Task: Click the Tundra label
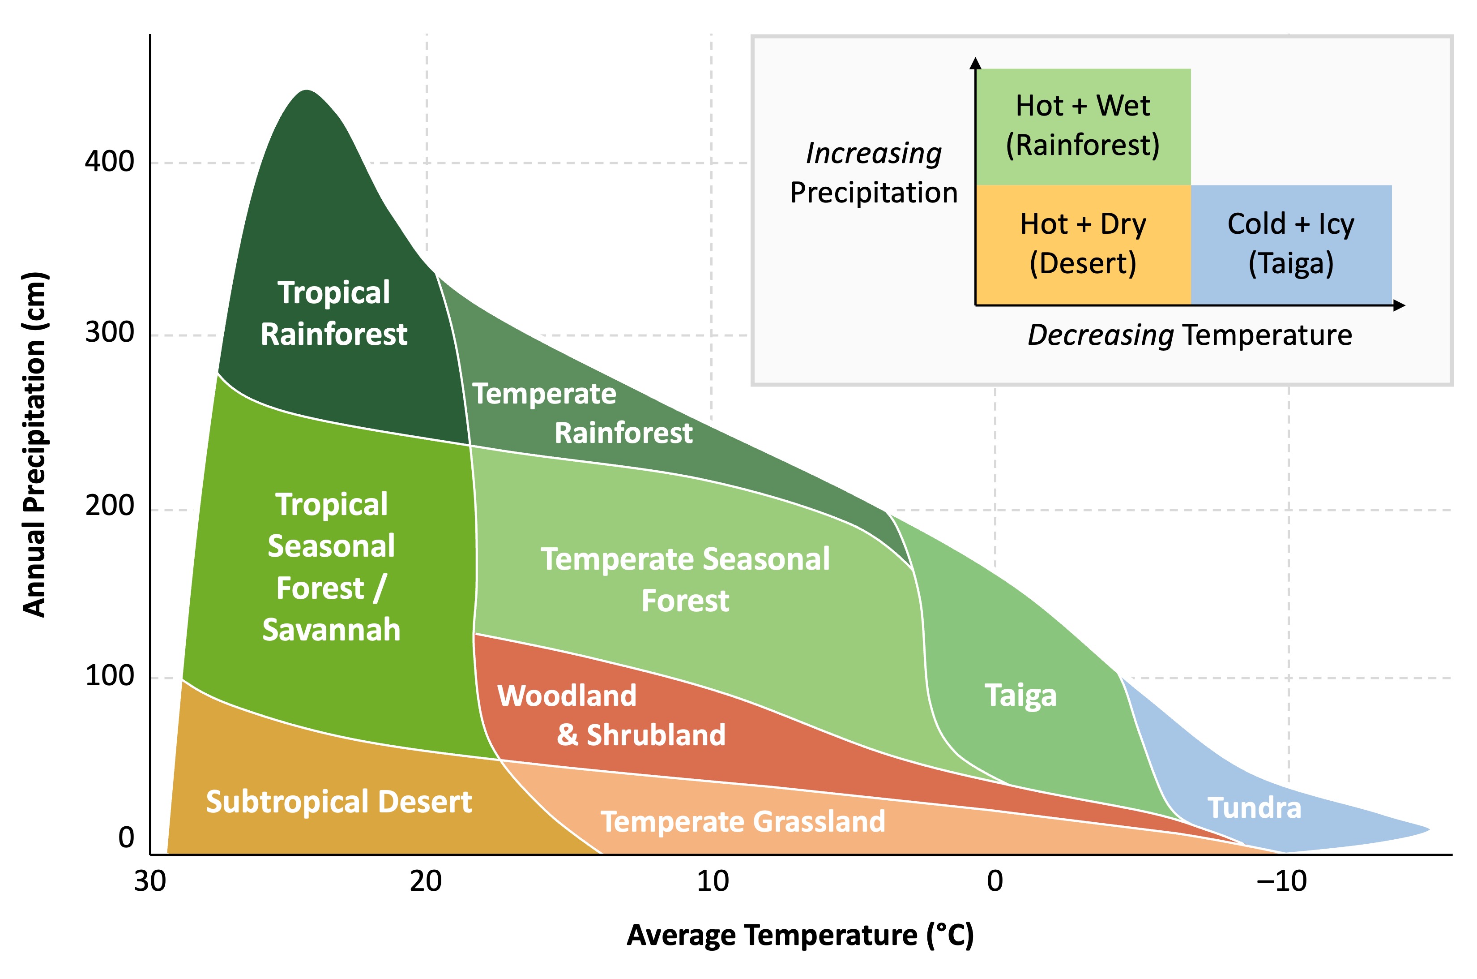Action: (1254, 808)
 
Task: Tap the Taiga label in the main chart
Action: (1020, 696)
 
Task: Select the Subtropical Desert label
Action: (339, 802)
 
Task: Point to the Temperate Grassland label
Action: (743, 822)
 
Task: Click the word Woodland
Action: (567, 696)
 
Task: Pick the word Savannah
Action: (331, 629)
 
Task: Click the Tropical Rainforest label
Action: (334, 313)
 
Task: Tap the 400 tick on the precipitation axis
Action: (110, 162)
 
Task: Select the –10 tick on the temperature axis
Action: (1281, 881)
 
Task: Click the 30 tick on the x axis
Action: (150, 881)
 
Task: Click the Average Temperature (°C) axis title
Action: (799, 935)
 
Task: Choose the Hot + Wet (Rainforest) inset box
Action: (1083, 126)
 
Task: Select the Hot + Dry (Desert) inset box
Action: (1083, 244)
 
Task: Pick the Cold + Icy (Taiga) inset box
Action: (1290, 244)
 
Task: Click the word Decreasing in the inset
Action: (1100, 335)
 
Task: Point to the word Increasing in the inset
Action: (874, 154)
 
